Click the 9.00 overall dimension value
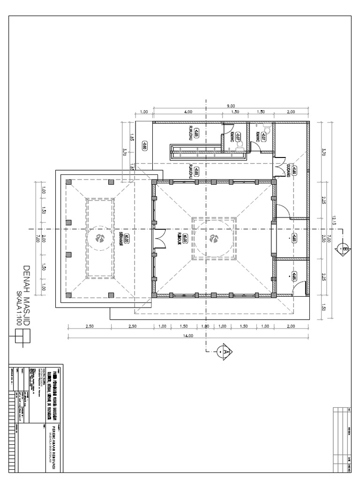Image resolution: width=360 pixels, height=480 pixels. [x=231, y=106]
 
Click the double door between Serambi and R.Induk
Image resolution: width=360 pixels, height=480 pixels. [x=160, y=238]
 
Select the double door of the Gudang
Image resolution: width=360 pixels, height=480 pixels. [x=283, y=168]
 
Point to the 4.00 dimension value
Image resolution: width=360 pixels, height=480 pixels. [x=188, y=112]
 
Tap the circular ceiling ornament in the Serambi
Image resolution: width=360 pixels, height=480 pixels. [x=100, y=238]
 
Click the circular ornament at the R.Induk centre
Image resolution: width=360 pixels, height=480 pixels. [x=215, y=239]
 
